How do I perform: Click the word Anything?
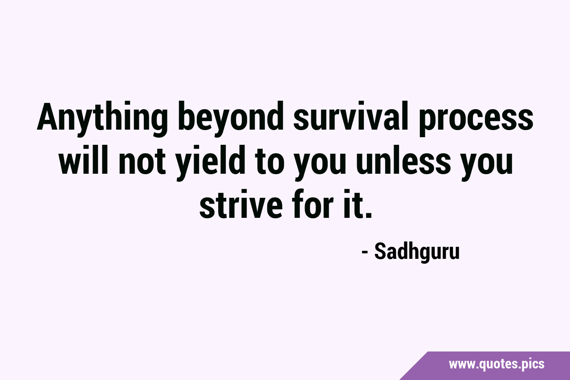point(102,119)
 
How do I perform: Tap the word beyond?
point(231,119)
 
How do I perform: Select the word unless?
point(403,159)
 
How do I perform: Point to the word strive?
point(241,203)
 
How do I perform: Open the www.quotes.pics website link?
point(497,364)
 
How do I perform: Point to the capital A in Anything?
point(48,116)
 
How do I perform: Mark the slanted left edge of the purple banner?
point(413,366)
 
